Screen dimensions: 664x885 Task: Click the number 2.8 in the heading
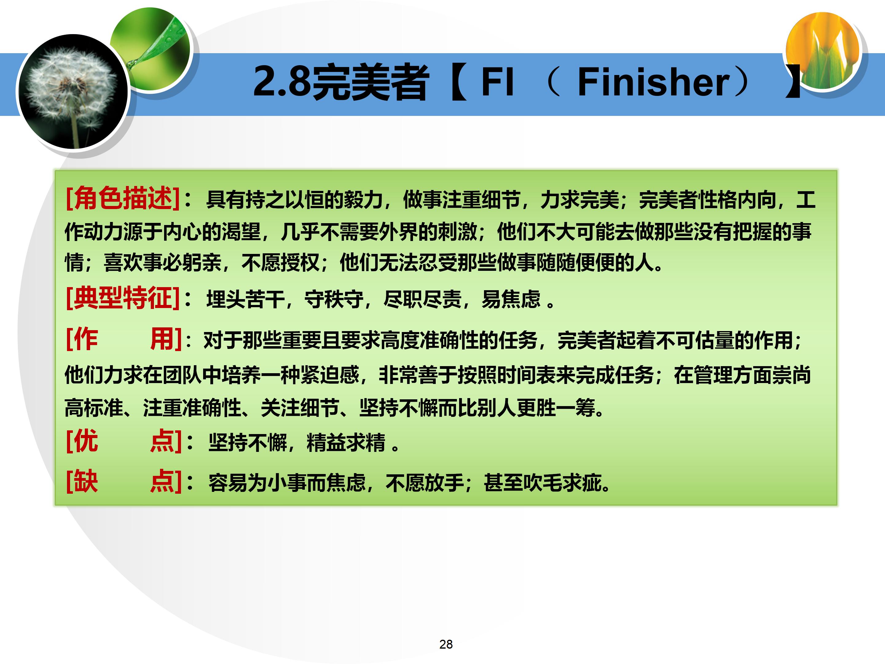(x=282, y=82)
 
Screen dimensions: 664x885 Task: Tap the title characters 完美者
(x=370, y=83)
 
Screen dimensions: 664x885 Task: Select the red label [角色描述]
(x=122, y=198)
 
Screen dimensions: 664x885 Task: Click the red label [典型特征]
(x=122, y=298)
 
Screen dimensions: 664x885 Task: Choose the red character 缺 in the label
(x=86, y=481)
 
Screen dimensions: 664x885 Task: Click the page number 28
(x=446, y=644)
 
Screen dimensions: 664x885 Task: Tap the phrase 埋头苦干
(x=245, y=299)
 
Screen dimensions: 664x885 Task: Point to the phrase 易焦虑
(x=511, y=299)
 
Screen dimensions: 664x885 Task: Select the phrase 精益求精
(x=346, y=443)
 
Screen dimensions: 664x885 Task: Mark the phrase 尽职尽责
(x=422, y=299)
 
